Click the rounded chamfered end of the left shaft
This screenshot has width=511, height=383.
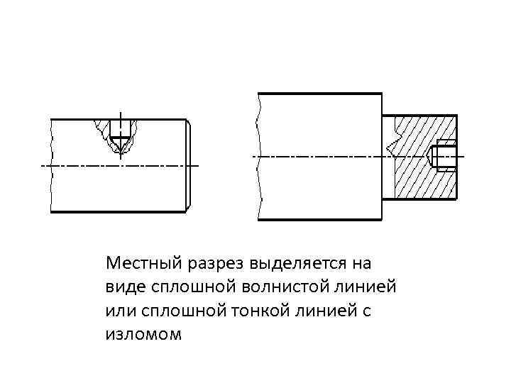tap(189, 165)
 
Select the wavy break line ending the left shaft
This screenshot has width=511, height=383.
tap(52, 165)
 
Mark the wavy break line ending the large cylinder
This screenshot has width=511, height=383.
tap(259, 156)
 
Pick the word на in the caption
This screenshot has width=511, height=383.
tap(361, 265)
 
